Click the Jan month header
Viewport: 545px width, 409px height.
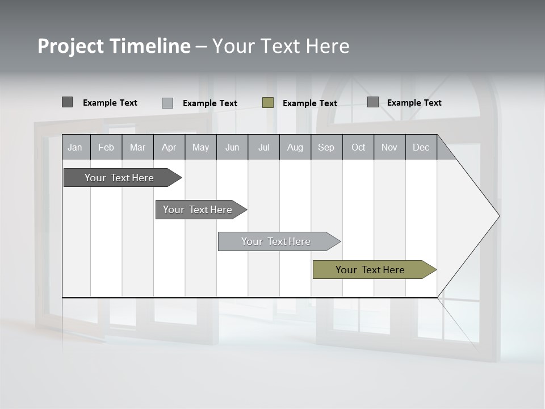(x=76, y=147)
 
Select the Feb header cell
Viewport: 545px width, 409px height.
(x=106, y=147)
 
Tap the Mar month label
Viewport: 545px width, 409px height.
(x=137, y=147)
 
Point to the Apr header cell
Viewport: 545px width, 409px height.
(x=169, y=147)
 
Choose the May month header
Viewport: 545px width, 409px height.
(x=200, y=147)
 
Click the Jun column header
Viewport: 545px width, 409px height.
(x=232, y=147)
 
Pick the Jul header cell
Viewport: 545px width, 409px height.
(x=263, y=147)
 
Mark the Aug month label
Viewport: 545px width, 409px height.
(x=295, y=147)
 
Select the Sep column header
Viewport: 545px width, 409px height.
(x=326, y=147)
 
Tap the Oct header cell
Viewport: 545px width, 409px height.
(x=358, y=147)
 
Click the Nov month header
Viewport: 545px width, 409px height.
(x=389, y=147)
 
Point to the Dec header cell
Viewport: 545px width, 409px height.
(x=421, y=147)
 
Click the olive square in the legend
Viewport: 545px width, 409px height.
(x=268, y=103)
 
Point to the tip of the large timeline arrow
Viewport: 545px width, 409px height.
(x=498, y=216)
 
